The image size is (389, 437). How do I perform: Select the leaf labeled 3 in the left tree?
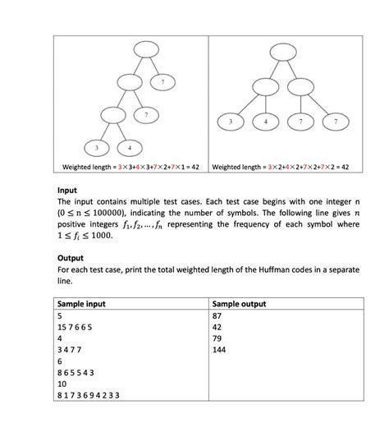(99, 147)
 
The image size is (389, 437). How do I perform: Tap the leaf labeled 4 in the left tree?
(130, 147)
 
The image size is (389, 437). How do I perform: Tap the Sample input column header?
(88, 304)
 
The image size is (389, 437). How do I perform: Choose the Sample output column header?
(239, 304)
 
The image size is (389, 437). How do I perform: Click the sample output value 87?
(217, 315)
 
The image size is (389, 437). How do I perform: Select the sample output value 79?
(217, 338)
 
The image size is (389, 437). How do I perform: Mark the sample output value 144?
(219, 349)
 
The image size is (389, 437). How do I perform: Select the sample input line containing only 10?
(62, 384)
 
